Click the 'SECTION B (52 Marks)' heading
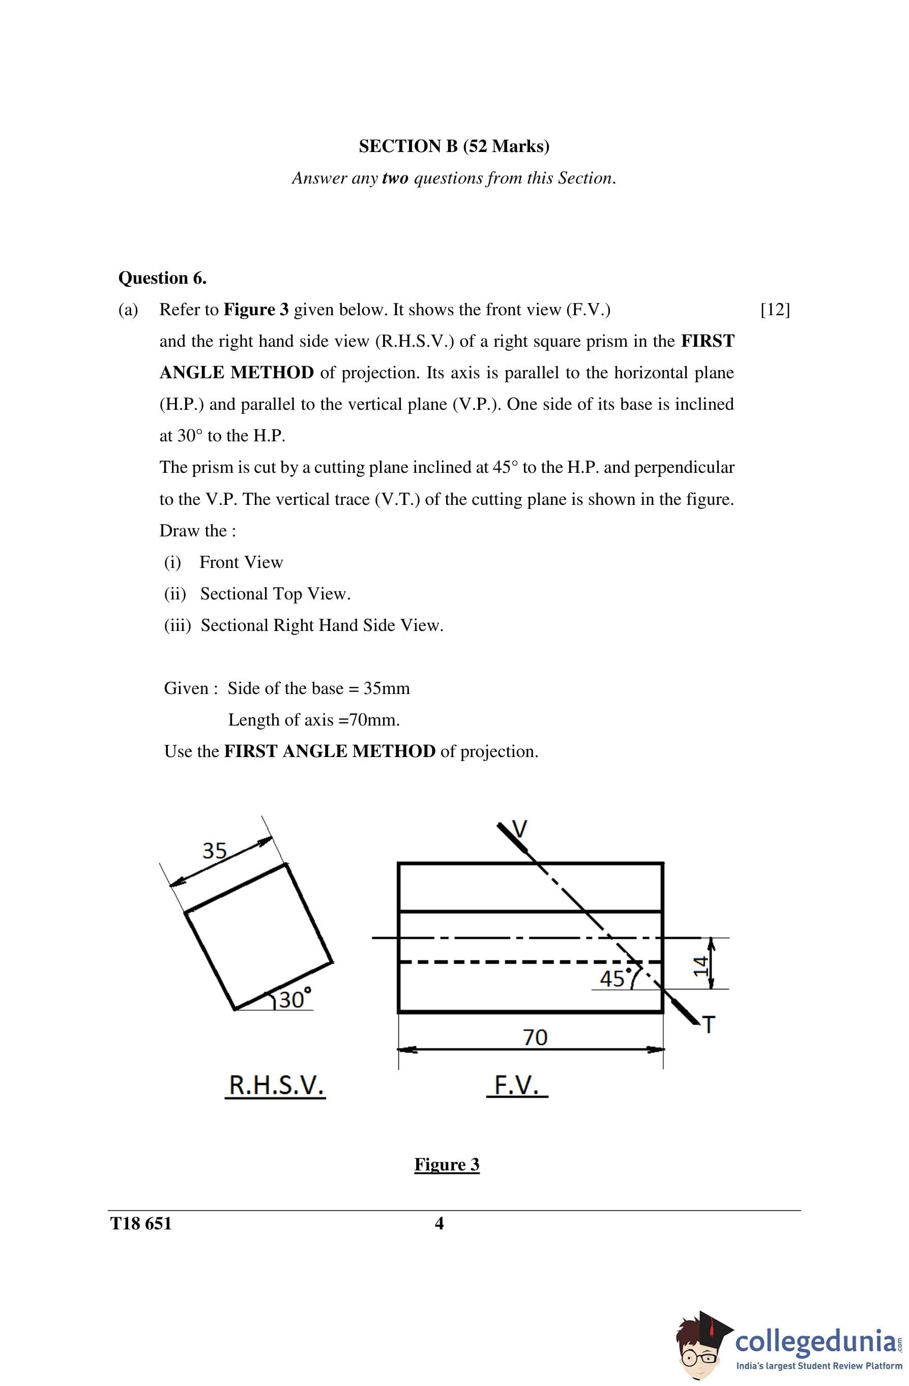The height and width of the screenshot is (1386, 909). pyautogui.click(x=454, y=146)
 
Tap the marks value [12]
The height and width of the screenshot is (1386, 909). pyautogui.click(x=775, y=310)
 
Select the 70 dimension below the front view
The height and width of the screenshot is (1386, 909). pyautogui.click(x=535, y=1037)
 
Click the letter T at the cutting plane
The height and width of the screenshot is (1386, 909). pyautogui.click(x=708, y=1025)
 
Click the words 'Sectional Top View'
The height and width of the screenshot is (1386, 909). pyautogui.click(x=275, y=594)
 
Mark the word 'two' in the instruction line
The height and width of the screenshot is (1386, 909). pyautogui.click(x=395, y=178)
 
